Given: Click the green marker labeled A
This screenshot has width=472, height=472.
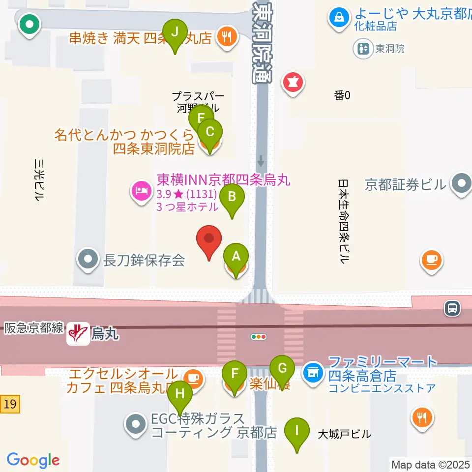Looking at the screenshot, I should click(x=236, y=257).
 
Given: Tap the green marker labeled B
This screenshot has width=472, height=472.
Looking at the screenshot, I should click(x=233, y=198).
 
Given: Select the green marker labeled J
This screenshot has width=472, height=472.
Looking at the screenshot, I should click(x=175, y=33).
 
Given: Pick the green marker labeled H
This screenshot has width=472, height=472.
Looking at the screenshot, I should click(x=180, y=394).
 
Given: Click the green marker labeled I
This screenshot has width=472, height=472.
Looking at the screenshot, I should click(x=296, y=431).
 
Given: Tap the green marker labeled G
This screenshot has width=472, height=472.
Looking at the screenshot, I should click(x=282, y=368).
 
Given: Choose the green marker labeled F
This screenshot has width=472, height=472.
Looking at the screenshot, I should click(x=235, y=373).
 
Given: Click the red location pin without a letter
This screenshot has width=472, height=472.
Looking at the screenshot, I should click(x=209, y=239).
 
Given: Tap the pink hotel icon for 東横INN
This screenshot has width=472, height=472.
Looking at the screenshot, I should click(x=142, y=190).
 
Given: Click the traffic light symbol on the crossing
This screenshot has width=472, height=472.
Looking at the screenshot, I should click(x=259, y=337).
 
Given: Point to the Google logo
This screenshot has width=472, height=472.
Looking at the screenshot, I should click(x=33, y=460).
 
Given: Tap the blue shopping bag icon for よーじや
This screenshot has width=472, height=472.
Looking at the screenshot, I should click(x=339, y=18).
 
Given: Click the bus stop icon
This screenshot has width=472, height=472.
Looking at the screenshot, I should click(x=452, y=308).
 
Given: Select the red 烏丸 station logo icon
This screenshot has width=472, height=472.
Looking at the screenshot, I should click(x=78, y=333).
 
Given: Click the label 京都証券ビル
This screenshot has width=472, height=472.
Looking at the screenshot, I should click(x=406, y=185).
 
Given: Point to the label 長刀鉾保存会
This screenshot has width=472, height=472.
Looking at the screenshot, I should click(x=144, y=260).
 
